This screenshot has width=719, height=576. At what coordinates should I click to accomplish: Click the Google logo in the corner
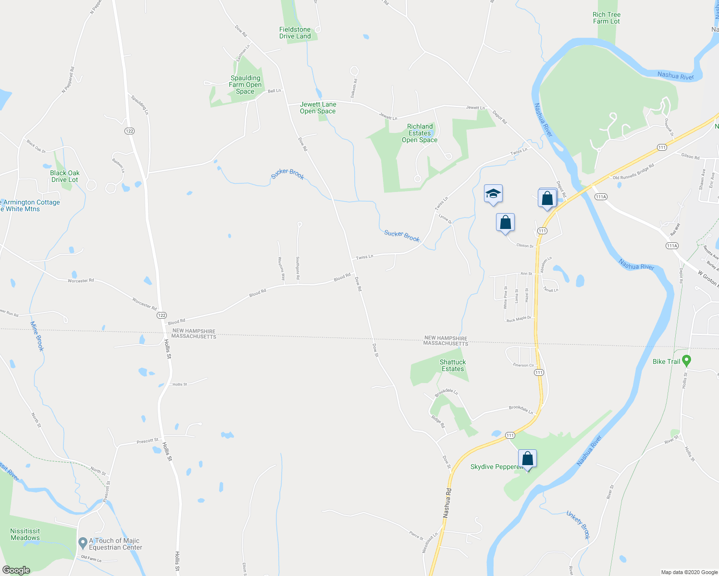[x=16, y=570]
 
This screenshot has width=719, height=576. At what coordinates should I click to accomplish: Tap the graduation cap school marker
[x=493, y=194]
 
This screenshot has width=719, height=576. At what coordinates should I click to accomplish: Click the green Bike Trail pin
[x=686, y=360]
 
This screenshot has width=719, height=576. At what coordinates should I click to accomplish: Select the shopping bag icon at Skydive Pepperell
[x=527, y=459]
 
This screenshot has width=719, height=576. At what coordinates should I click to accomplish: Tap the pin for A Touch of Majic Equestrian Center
[x=83, y=542]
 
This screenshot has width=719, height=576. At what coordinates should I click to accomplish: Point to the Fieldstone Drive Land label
[x=295, y=33]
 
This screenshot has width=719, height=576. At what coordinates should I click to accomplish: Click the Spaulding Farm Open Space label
[x=245, y=84]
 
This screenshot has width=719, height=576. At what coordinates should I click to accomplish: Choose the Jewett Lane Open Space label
[x=318, y=108]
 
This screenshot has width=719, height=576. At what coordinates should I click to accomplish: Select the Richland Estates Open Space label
[x=420, y=133]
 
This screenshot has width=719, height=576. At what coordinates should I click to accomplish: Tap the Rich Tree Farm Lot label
[x=606, y=18]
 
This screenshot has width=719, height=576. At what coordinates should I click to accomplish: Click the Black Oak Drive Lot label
[x=64, y=176]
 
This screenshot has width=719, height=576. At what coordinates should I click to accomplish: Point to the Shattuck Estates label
[x=453, y=365]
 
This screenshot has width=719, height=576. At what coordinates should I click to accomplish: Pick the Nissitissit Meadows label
[x=25, y=534]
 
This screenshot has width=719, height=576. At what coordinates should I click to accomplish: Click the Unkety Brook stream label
[x=578, y=525]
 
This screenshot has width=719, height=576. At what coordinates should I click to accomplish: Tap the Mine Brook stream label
[x=37, y=336]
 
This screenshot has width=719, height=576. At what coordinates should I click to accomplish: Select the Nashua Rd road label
[x=447, y=503]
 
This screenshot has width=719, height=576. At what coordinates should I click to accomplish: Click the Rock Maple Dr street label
[x=519, y=319]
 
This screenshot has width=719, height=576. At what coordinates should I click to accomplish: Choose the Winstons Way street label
[x=281, y=268]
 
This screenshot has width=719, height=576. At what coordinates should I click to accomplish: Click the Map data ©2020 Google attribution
[x=689, y=572]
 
